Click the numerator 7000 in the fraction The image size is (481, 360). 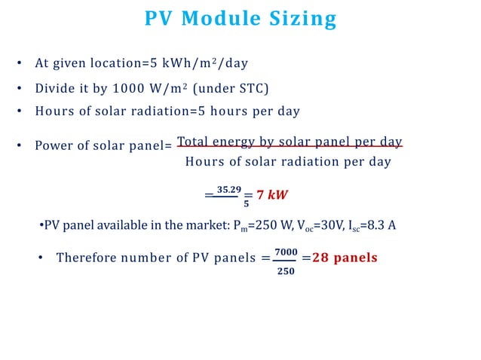(286, 250)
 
